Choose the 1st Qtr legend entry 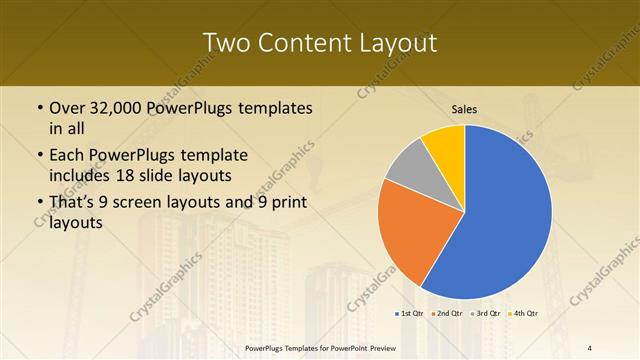pos(409,314)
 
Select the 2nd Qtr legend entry pos(446,314)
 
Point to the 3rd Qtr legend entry pos(485,314)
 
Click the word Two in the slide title pos(223,43)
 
